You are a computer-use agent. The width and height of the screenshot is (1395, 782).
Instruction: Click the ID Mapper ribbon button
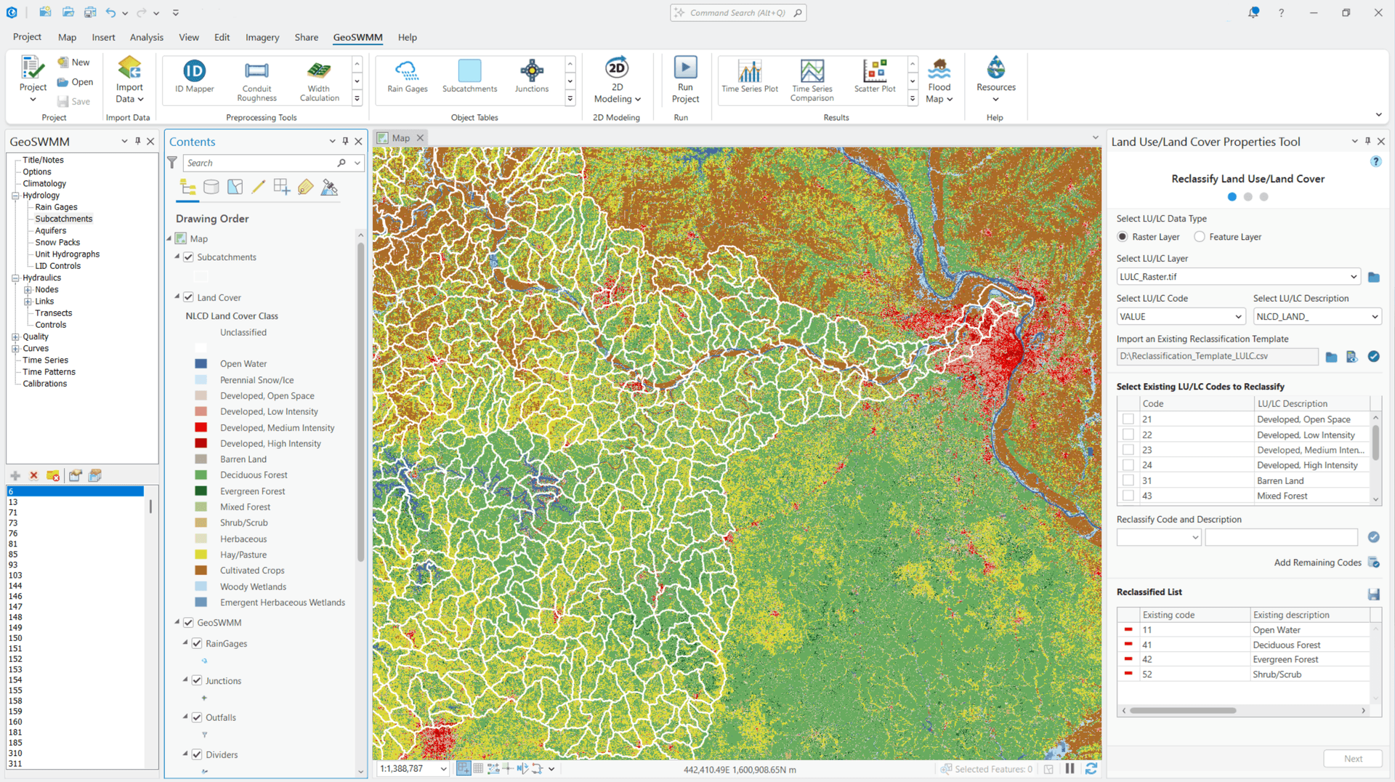(194, 76)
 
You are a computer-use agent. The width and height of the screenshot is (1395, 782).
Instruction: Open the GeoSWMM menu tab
(357, 37)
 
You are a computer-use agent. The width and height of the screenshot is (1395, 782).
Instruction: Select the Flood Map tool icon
(939, 70)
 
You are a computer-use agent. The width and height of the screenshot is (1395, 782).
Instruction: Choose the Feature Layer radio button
(1200, 237)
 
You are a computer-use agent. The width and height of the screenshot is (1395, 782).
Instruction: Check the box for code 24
(1128, 465)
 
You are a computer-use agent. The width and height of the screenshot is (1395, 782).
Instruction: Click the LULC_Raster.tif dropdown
(1238, 277)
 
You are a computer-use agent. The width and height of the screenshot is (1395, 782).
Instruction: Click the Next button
(1352, 759)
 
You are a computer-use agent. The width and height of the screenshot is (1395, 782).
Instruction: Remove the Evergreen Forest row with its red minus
(1128, 659)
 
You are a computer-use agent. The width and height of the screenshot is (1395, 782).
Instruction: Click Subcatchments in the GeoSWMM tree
(64, 219)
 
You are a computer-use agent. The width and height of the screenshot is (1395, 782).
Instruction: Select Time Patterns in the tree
(49, 372)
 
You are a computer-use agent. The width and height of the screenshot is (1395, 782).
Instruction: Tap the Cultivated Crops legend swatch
(201, 571)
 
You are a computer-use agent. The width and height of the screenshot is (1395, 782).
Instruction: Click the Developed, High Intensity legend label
(270, 443)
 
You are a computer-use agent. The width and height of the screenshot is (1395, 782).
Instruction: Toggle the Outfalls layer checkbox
(197, 717)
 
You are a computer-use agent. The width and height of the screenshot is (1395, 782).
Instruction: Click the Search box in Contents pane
(262, 163)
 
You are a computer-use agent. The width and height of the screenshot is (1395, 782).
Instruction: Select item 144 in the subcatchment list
(15, 586)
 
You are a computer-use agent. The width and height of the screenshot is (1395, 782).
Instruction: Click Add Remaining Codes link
(1317, 563)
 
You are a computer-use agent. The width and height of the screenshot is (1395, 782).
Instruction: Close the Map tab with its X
(420, 138)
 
